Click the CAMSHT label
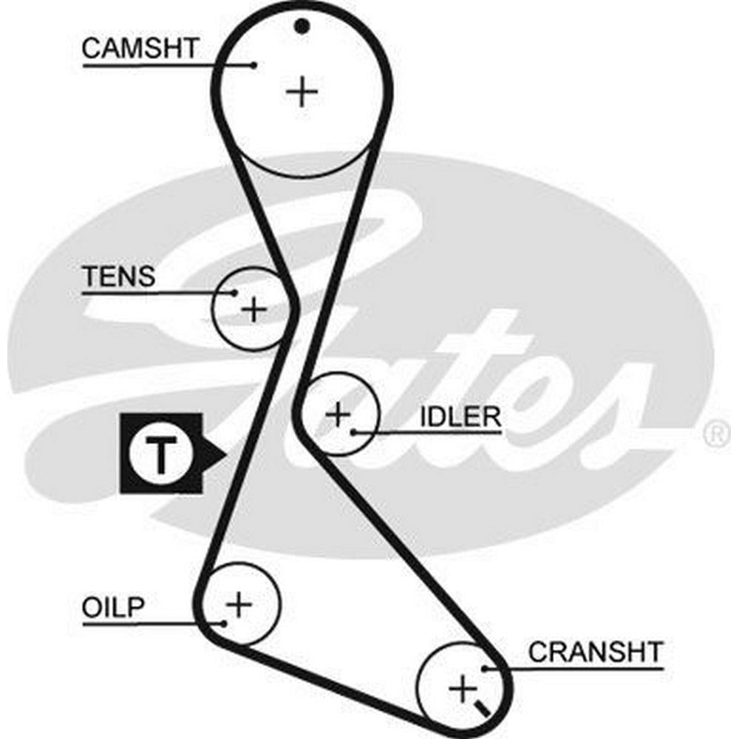coord(140,49)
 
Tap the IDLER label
coord(460,416)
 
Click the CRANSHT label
coord(596,652)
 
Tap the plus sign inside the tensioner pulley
coord(253,308)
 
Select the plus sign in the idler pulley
coord(338,414)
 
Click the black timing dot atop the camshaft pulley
coord(300,27)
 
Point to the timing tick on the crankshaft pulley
coord(484,708)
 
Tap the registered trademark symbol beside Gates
coord(715,435)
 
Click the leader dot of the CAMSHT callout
coord(255,64)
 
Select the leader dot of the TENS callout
coord(235,293)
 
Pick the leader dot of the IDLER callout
coord(355,430)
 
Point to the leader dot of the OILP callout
coord(222,623)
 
